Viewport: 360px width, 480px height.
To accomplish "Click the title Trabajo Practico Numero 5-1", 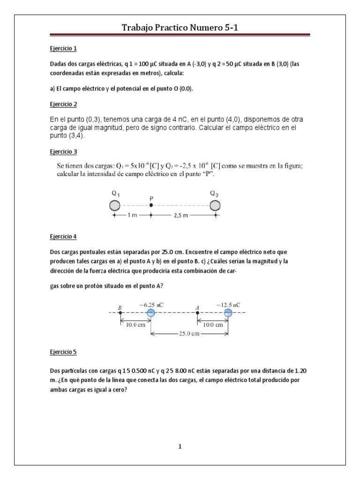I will click(x=180, y=29).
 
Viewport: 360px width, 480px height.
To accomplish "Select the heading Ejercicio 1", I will click(x=63, y=48).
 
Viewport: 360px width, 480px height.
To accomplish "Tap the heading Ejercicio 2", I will click(x=63, y=104).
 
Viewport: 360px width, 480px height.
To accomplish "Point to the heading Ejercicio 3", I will click(x=63, y=152).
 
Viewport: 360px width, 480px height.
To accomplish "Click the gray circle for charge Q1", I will click(x=115, y=205).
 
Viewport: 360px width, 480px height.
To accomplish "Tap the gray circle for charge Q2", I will click(x=215, y=205).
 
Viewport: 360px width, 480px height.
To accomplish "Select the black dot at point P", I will click(x=151, y=205).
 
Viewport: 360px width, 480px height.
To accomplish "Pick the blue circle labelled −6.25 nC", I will click(x=150, y=313).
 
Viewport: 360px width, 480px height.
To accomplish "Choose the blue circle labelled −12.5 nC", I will click(x=228, y=313).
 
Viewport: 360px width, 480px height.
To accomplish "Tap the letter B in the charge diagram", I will click(x=120, y=307).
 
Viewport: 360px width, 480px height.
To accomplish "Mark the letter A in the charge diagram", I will click(x=197, y=307).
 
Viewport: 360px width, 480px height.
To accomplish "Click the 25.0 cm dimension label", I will click(x=189, y=334).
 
